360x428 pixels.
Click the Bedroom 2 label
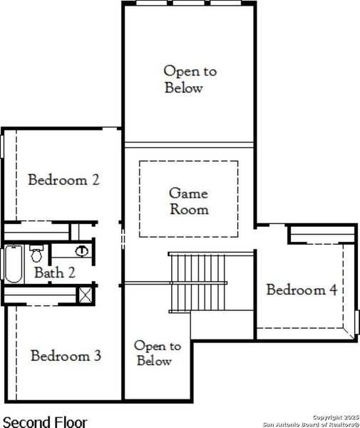63,180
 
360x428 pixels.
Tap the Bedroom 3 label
66,355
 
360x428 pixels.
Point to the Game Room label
188,201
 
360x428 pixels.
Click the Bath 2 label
55,272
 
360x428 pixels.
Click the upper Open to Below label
190,79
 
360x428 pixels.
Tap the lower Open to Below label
158,353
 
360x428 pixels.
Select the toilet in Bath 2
38,253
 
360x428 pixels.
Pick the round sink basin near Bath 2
82,250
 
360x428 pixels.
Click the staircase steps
197,281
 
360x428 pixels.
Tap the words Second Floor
46,422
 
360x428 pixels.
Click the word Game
188,193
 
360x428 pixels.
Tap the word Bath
48,272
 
